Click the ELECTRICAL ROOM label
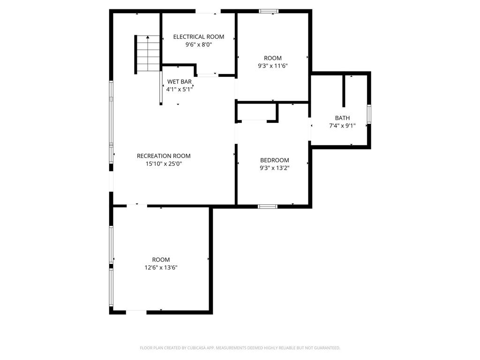[x=199, y=37]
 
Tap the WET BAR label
[x=180, y=82]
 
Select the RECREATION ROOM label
[x=164, y=156]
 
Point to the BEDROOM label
[x=275, y=160]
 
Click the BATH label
[x=342, y=118]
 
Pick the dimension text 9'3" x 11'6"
[x=273, y=66]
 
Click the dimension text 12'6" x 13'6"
[x=161, y=268]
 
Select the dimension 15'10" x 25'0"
[x=164, y=164]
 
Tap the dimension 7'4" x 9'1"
[x=342, y=126]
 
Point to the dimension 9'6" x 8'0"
[x=199, y=45]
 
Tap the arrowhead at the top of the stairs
[x=148, y=37]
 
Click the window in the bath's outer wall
[x=369, y=114]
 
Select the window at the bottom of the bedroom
[x=268, y=207]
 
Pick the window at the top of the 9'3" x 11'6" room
[x=269, y=11]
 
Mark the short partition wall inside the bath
[x=344, y=91]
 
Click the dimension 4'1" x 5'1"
[x=180, y=90]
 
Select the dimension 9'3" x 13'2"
[x=275, y=168]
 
